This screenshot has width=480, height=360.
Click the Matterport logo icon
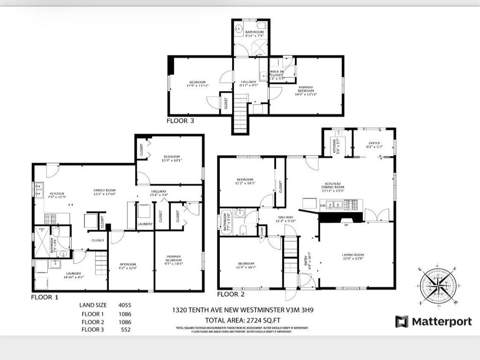click(402, 322)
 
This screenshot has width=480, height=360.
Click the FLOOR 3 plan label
click(180, 121)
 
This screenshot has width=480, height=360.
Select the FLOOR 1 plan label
click(45, 297)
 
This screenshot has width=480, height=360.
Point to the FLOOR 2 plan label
click(231, 294)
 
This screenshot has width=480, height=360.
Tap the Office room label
click(374, 145)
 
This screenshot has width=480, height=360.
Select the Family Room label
click(104, 192)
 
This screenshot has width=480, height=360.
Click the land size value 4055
click(125, 305)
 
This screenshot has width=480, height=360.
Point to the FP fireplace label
click(345, 225)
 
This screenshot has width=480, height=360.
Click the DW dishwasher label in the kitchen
click(322, 205)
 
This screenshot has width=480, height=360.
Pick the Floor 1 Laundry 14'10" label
click(73, 276)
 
